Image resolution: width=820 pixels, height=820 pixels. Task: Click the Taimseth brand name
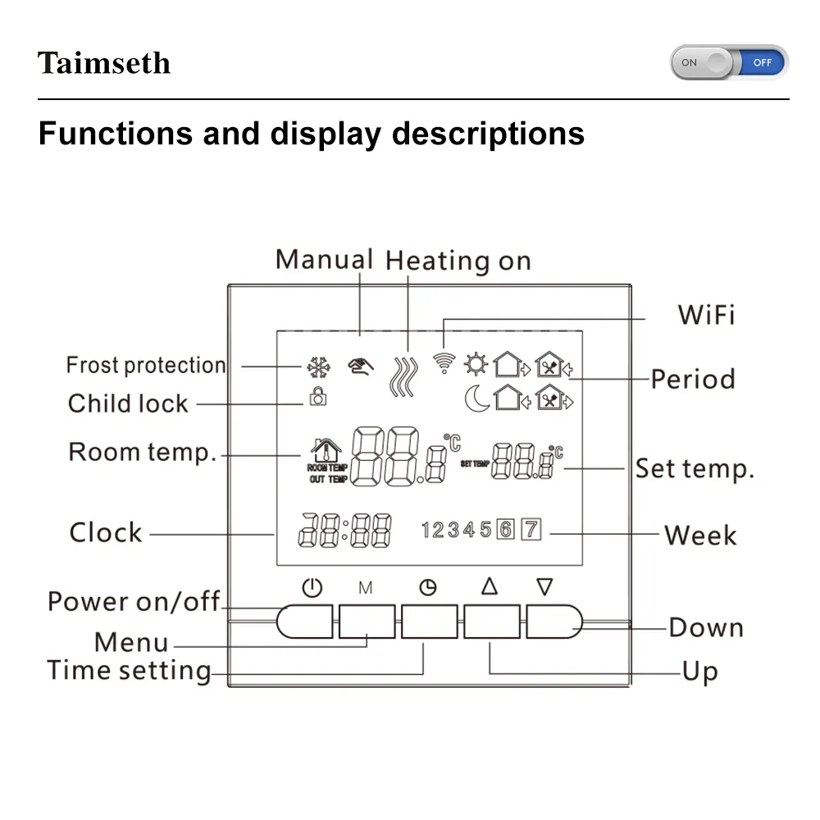104,63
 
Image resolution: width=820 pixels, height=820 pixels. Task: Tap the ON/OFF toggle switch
729,62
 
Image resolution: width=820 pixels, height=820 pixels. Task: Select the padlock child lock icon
318,397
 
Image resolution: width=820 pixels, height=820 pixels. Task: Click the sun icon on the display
475,362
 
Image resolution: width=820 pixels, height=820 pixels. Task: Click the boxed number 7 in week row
532,530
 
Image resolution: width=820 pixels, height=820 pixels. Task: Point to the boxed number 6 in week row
506,530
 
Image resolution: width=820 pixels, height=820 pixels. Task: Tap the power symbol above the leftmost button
312,587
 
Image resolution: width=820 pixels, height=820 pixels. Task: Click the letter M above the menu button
366,588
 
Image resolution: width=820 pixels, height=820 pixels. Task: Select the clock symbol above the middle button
427,587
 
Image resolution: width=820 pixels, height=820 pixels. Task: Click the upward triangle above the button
490,586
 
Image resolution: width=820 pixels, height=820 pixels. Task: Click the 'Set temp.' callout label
695,469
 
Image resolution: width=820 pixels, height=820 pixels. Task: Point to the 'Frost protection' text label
146,365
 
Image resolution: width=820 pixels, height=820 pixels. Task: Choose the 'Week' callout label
700,535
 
